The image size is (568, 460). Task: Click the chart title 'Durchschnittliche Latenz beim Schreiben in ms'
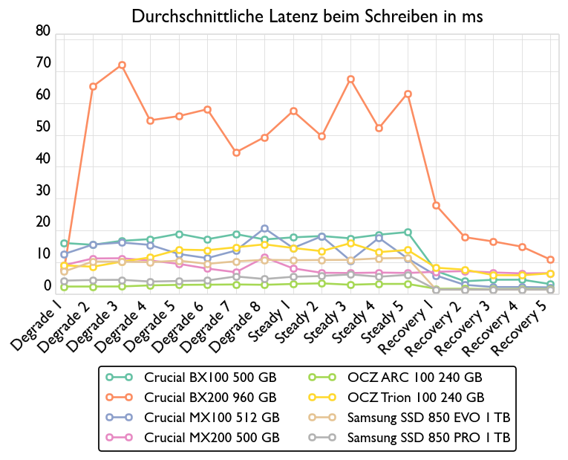(x=307, y=16)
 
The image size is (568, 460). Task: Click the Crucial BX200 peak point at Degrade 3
(x=122, y=65)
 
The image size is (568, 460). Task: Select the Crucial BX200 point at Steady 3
(x=350, y=80)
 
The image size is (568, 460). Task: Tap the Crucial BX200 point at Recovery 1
(x=436, y=205)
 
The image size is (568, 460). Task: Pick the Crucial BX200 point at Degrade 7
(x=236, y=152)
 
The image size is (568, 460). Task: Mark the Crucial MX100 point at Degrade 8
(x=264, y=228)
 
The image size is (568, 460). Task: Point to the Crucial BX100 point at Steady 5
(x=408, y=232)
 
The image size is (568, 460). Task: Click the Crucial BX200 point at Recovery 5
(x=550, y=260)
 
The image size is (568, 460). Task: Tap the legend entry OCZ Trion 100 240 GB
(x=416, y=398)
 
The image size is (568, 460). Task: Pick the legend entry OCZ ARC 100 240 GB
(x=414, y=378)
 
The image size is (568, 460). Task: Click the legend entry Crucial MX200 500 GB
(x=212, y=437)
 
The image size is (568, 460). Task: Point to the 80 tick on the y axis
(x=43, y=31)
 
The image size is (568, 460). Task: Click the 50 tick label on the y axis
(x=43, y=127)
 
